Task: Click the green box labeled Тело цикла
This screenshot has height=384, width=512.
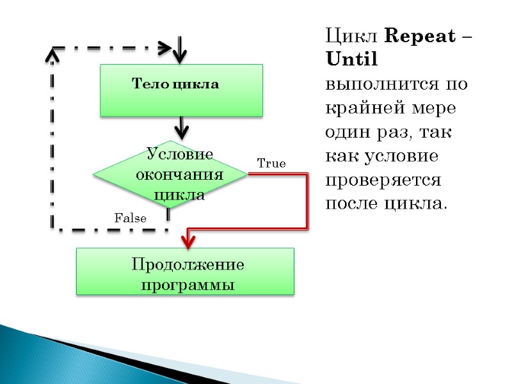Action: pos(181,90)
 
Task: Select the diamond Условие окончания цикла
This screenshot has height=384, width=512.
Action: pos(170,173)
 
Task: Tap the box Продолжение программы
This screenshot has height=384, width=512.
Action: pos(186,271)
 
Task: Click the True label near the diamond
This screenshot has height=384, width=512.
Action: pos(271,164)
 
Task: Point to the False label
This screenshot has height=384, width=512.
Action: pos(131,218)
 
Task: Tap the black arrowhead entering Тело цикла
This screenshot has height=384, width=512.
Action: pos(181,56)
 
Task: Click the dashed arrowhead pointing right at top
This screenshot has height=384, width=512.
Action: pos(164,47)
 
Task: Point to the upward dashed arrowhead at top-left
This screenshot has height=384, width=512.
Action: pos(52,56)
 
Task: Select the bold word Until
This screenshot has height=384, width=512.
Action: pos(352,60)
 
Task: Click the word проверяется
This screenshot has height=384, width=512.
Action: pos(383,180)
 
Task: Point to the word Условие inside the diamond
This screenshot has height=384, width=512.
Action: pos(180,154)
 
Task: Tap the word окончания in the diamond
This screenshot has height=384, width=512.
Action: pos(180,174)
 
